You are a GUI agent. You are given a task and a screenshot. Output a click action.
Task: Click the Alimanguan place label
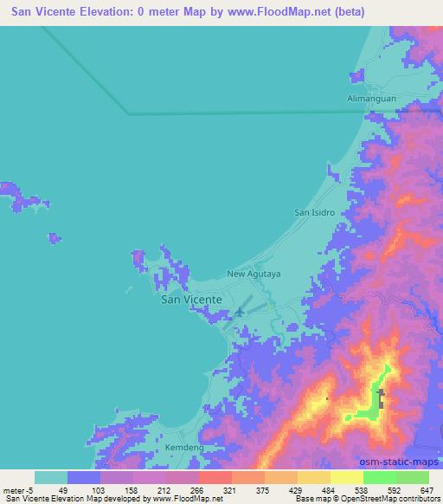click(372, 99)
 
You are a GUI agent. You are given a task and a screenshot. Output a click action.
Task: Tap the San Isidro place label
click(314, 212)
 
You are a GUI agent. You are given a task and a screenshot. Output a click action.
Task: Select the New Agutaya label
click(254, 274)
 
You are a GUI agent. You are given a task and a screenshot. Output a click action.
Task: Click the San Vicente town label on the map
click(192, 299)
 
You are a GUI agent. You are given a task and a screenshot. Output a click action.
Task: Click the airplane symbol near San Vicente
click(238, 312)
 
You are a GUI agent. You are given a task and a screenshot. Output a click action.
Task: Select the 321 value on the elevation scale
click(229, 489)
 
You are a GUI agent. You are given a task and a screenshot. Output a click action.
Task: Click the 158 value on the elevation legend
click(130, 489)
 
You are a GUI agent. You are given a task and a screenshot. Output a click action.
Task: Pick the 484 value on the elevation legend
click(328, 489)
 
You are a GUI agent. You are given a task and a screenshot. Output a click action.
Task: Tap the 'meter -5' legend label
click(16, 489)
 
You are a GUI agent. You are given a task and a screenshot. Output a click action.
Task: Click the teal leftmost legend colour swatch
click(51, 477)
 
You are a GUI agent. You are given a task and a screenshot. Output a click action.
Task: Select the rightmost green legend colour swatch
click(413, 477)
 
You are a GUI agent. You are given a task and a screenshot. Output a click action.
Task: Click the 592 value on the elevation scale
click(395, 489)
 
